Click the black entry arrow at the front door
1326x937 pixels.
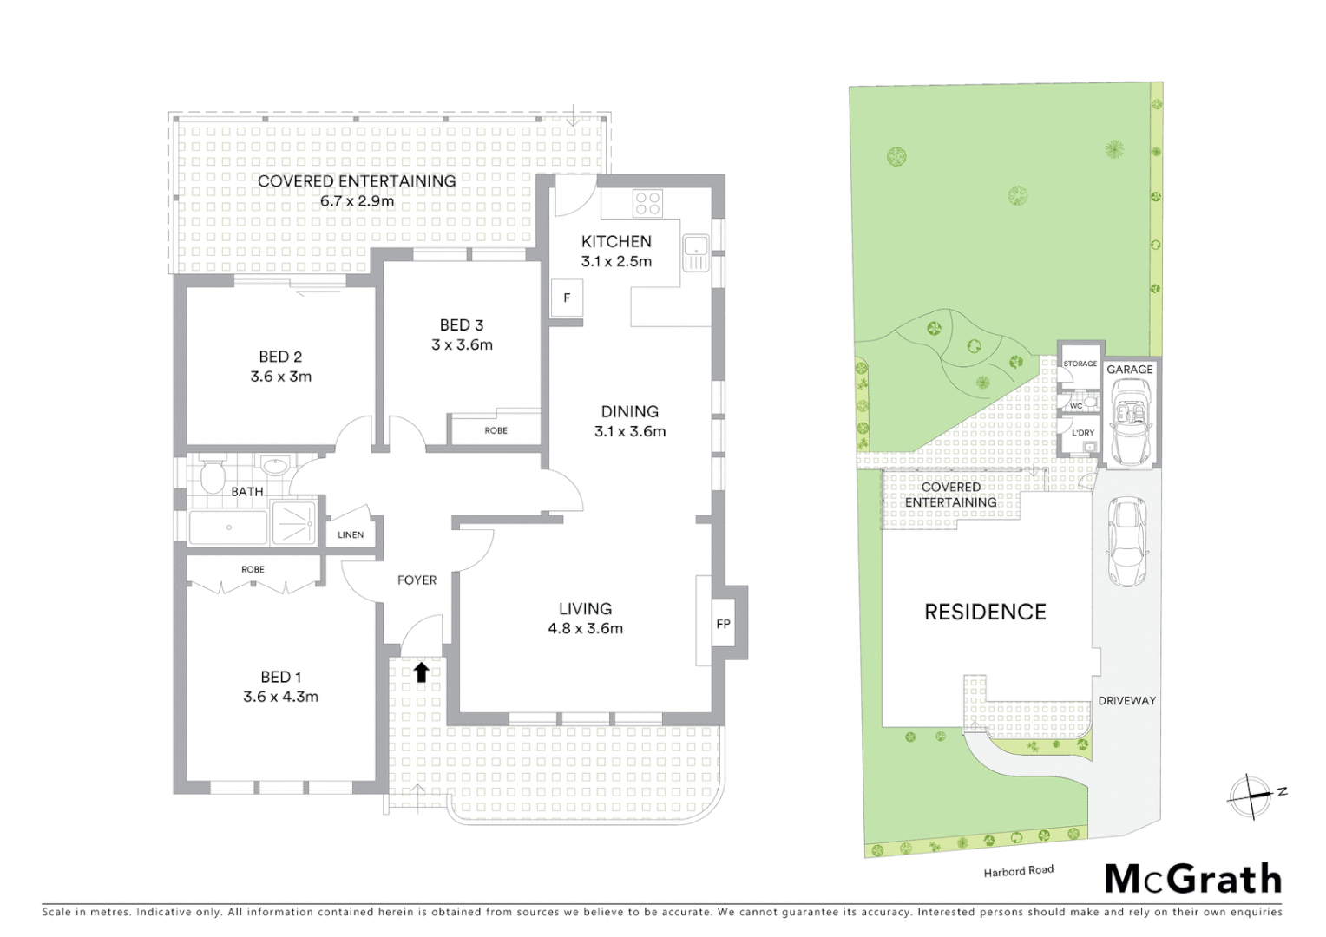(x=421, y=672)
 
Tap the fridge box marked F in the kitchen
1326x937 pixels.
(x=567, y=298)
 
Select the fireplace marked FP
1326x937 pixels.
(x=723, y=624)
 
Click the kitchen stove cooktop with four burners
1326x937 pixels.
(x=647, y=204)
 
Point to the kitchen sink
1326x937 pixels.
(x=695, y=253)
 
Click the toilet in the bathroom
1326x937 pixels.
(x=211, y=476)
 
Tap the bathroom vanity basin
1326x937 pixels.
(x=275, y=467)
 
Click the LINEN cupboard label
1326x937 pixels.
(x=351, y=535)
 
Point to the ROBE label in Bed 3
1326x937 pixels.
(x=496, y=431)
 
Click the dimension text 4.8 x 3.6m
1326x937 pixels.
(x=585, y=629)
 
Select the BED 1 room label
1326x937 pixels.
(x=280, y=677)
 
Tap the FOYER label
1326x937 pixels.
(x=417, y=580)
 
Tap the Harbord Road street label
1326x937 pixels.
(x=1018, y=870)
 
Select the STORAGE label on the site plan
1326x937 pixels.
(x=1080, y=364)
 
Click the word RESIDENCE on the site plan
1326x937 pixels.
(x=985, y=613)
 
